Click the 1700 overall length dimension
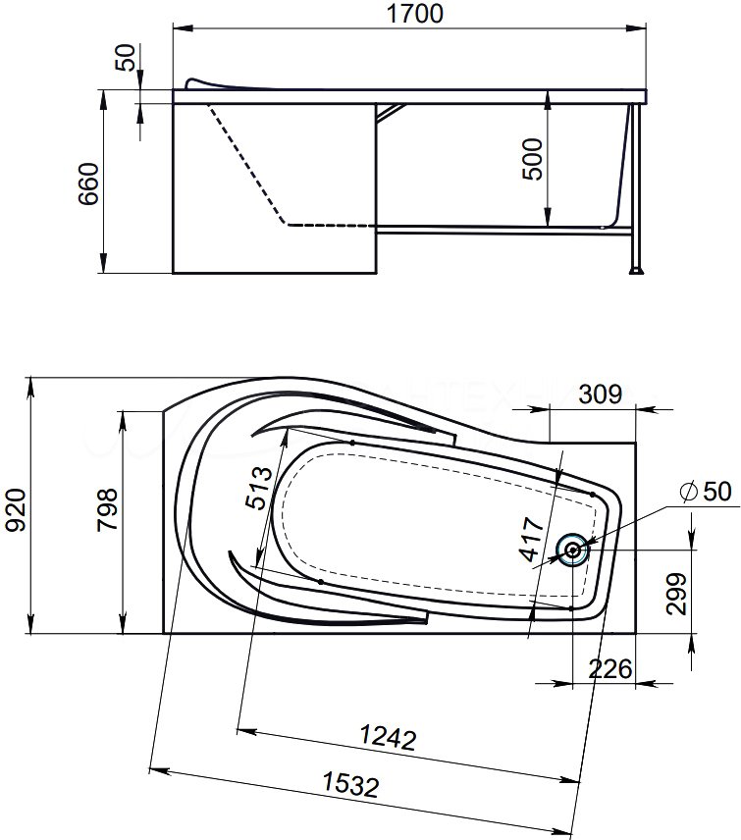click(415, 14)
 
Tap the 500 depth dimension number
click(533, 159)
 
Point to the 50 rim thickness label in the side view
click(126, 58)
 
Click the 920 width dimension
click(16, 509)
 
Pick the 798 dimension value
click(107, 509)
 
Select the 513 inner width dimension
click(259, 488)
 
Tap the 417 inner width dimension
click(532, 539)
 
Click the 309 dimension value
click(601, 394)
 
